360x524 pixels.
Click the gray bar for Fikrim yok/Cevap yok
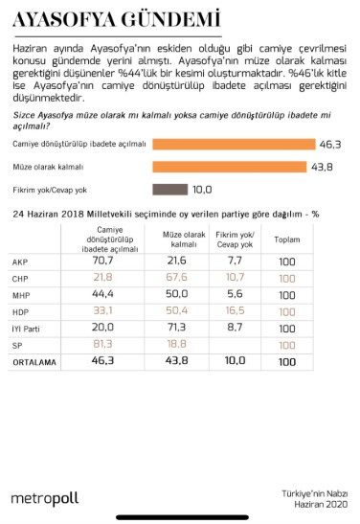169,189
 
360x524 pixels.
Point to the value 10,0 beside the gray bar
201,189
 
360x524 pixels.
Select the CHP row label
20,279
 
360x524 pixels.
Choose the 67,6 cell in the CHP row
175,278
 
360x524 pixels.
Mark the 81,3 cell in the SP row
101,346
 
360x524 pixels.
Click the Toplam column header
286,239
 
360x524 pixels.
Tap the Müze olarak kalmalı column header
175,238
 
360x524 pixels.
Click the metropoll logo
44,498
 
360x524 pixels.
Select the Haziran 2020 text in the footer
322,504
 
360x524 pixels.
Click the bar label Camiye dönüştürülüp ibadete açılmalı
79,144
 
